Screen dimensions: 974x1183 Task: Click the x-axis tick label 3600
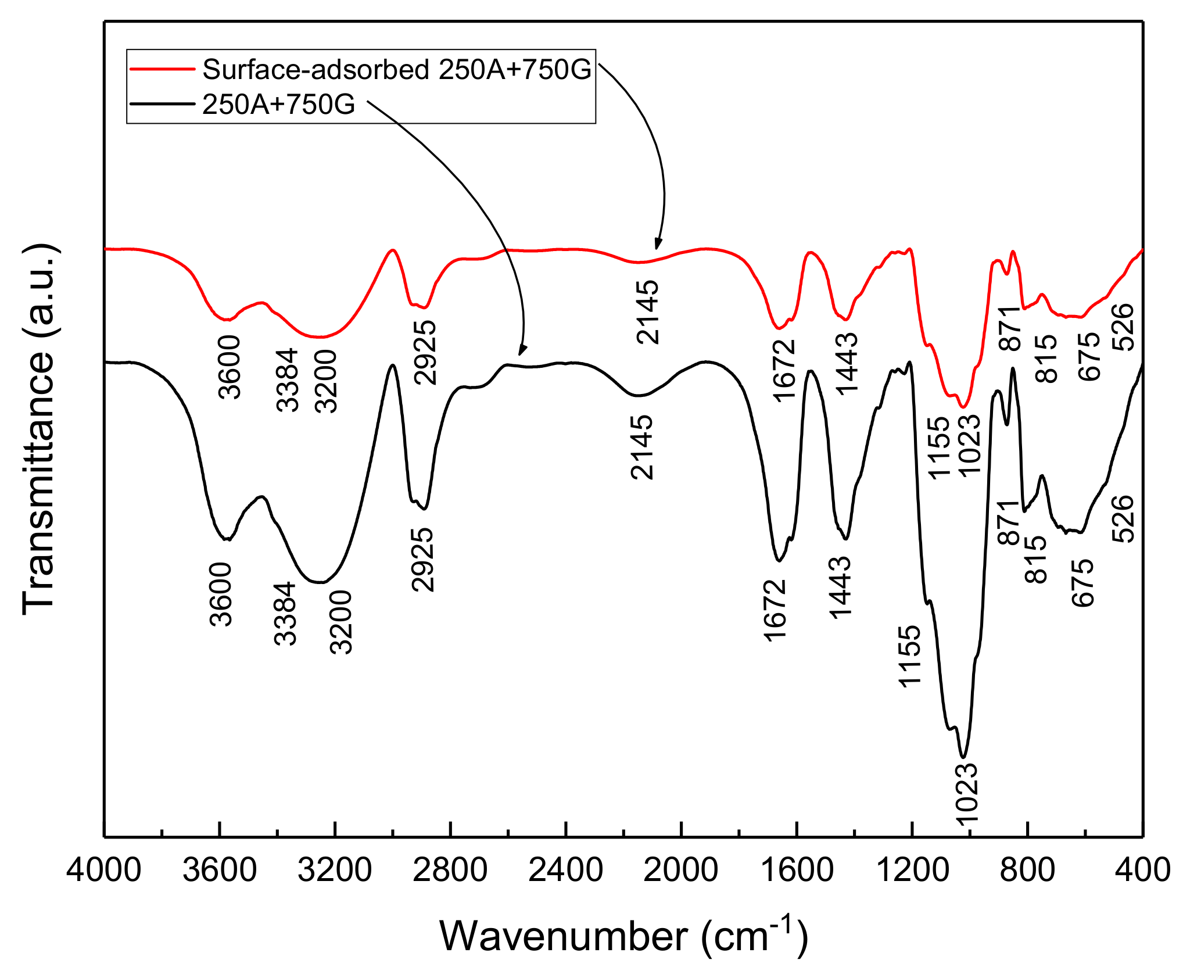[219, 871]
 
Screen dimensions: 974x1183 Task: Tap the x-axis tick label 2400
[565, 871]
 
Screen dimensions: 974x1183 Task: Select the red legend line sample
[162, 69]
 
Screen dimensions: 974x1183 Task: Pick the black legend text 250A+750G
[278, 105]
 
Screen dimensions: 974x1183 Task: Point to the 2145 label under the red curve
[648, 312]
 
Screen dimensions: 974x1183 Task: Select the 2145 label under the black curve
[641, 447]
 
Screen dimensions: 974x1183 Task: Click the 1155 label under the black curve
[909, 656]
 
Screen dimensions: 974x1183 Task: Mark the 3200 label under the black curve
[341, 622]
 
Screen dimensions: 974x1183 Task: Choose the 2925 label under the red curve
[425, 352]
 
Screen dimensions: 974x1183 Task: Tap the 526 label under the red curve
[1123, 327]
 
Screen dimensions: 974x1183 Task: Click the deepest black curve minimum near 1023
[963, 757]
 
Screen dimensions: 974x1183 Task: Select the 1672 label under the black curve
[775, 610]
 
